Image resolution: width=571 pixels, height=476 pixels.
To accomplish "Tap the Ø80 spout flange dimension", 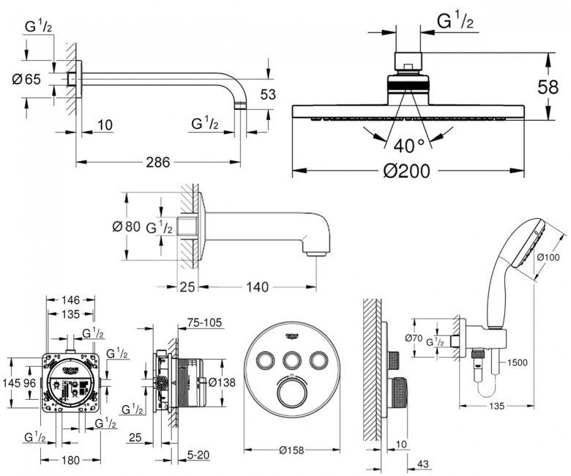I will coord(126,226).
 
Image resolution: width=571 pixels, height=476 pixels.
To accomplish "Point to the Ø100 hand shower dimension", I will coord(548,258).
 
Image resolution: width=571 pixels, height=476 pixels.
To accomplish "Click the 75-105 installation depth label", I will coord(204,321).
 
